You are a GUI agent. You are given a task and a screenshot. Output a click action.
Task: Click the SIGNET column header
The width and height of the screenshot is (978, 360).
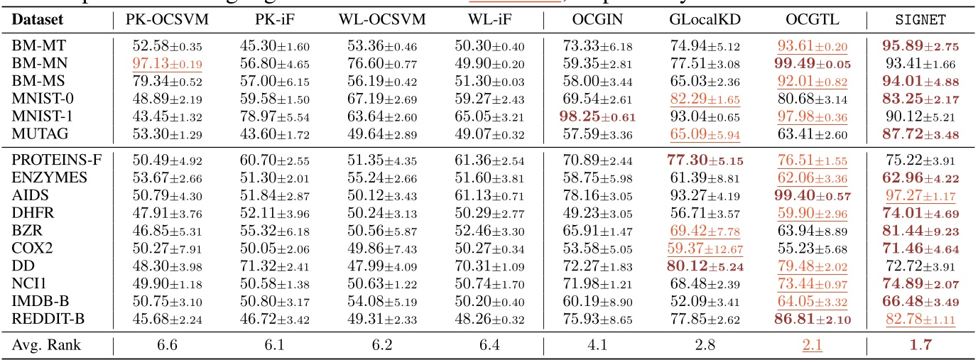click(x=920, y=20)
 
